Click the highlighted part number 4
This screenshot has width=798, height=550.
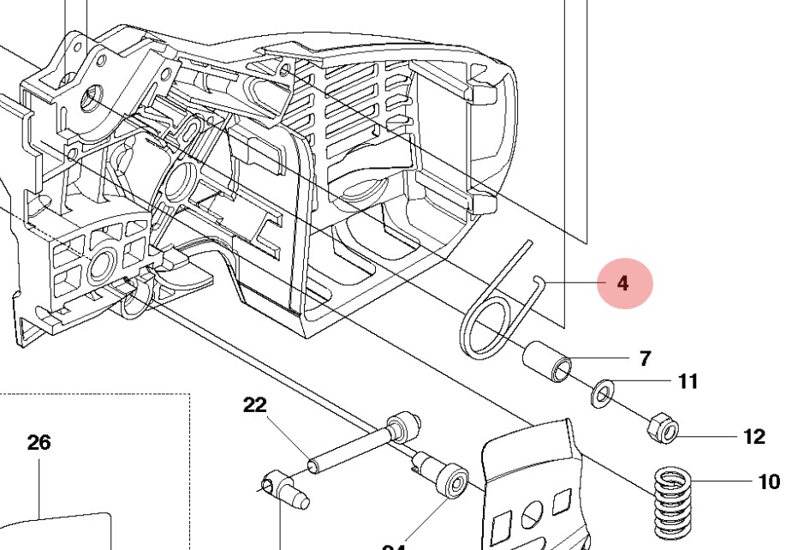pyautogui.click(x=622, y=284)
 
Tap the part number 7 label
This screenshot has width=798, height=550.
pyautogui.click(x=645, y=358)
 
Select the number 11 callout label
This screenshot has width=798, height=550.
pyautogui.click(x=688, y=381)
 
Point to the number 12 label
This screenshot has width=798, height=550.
pyautogui.click(x=753, y=437)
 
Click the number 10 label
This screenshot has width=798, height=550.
pyautogui.click(x=769, y=482)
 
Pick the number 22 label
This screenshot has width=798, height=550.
pyautogui.click(x=255, y=406)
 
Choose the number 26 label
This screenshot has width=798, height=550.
pyautogui.click(x=39, y=443)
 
